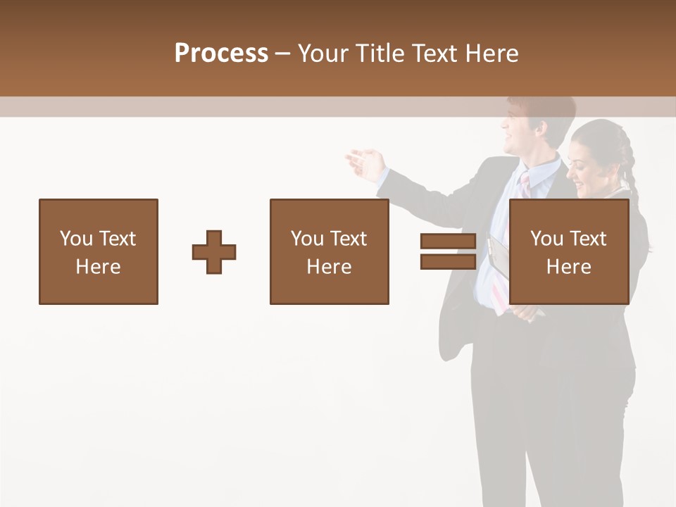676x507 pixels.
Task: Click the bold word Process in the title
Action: [221, 54]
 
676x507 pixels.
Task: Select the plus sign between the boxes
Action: [214, 252]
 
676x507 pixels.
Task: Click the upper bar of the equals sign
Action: [448, 242]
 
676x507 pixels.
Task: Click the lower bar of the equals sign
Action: [448, 262]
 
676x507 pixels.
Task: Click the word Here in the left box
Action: [98, 267]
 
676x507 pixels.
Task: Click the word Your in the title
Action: [323, 54]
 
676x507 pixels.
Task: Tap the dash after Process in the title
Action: [283, 54]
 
